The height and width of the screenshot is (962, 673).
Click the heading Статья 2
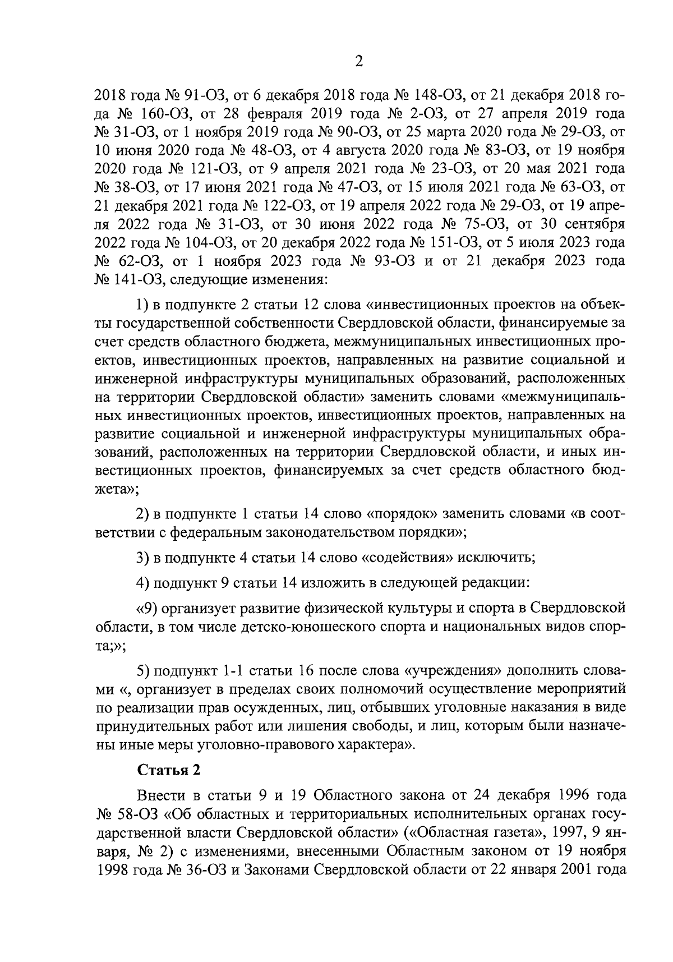(169, 770)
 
